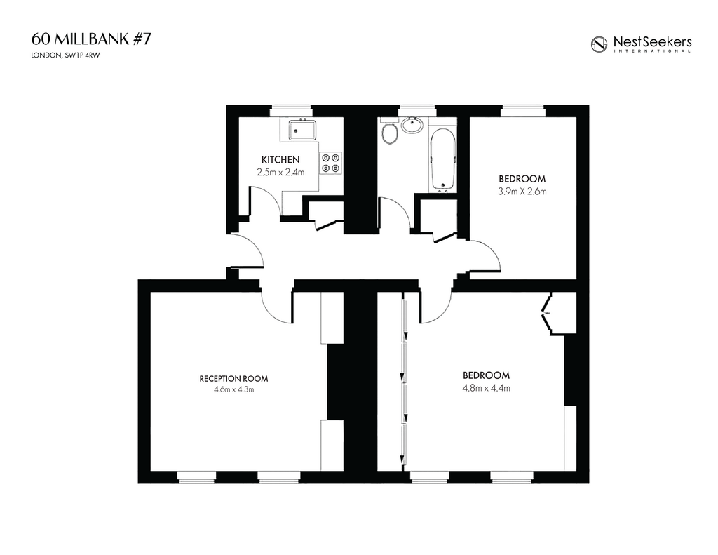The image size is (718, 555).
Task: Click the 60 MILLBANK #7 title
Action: (x=91, y=39)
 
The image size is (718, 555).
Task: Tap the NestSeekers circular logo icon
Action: (x=599, y=44)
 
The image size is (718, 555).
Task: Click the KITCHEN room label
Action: (x=280, y=160)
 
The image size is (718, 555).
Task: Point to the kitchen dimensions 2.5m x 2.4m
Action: (x=280, y=173)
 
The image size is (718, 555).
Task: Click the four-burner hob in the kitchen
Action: (x=331, y=163)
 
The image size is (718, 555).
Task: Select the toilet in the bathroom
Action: (x=389, y=133)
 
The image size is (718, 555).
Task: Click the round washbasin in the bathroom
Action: (x=412, y=125)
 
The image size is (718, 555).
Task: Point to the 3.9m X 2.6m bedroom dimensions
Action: (x=522, y=192)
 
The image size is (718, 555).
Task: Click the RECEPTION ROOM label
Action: (x=233, y=379)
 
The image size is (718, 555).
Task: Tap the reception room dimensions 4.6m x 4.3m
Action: (x=233, y=390)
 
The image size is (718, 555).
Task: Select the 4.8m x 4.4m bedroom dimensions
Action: (x=487, y=388)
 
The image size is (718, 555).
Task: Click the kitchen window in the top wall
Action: (x=291, y=111)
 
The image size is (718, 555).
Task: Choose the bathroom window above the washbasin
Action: (x=416, y=111)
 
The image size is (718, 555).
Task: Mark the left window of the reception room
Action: (x=196, y=477)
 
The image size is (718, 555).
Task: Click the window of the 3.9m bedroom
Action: (x=523, y=111)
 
